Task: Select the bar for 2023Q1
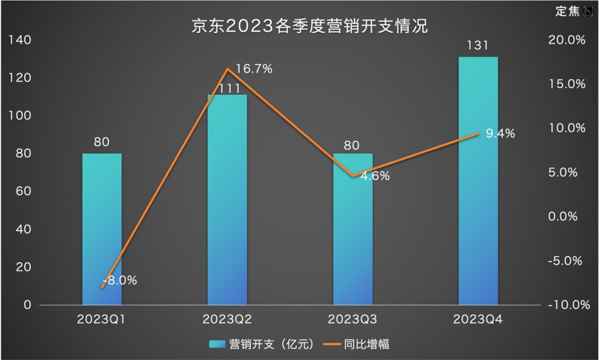(102, 240)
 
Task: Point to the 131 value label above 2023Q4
(478, 46)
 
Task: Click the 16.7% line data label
(253, 69)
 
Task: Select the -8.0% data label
(120, 280)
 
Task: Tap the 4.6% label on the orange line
(375, 176)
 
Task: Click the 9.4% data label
(500, 134)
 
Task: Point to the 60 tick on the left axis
(22, 192)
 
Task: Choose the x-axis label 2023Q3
(352, 319)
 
